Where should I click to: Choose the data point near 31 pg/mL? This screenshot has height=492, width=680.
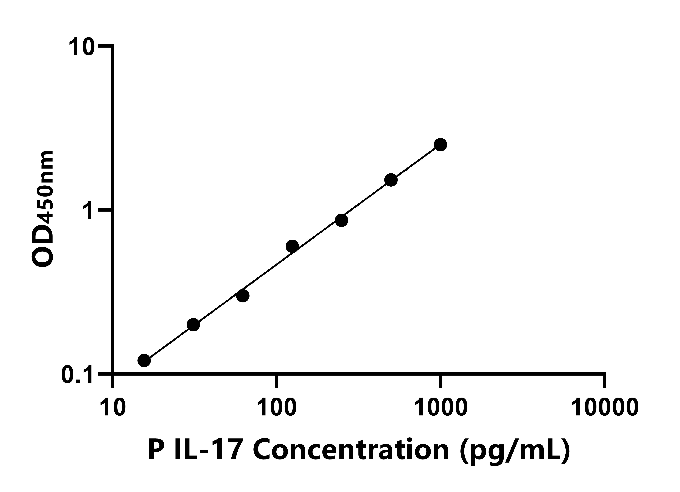(193, 325)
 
